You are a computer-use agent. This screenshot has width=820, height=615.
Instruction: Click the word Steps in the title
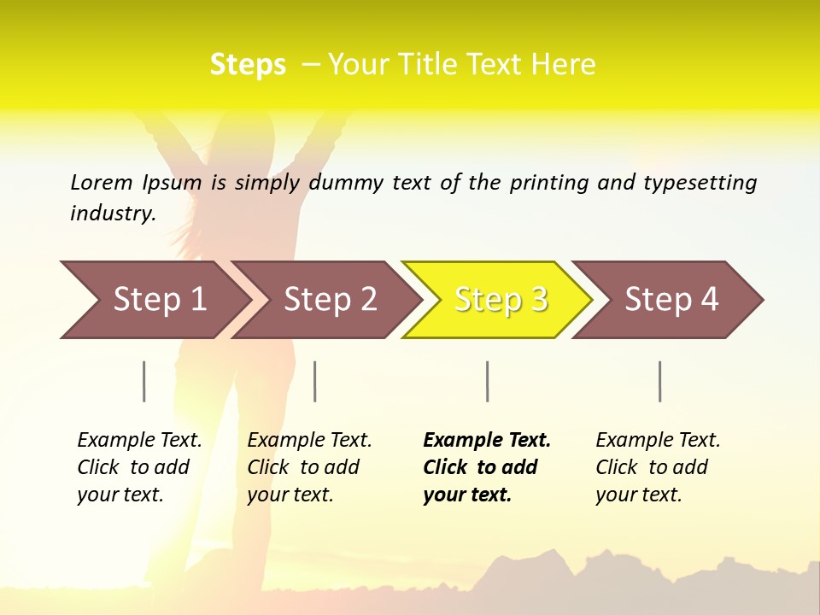point(248,65)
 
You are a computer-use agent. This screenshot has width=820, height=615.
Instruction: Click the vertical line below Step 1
point(144,381)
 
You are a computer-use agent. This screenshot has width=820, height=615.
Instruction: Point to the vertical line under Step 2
point(315,381)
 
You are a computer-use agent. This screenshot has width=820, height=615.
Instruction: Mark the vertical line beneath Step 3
point(487,381)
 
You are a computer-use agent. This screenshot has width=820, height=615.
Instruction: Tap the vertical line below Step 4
point(659,381)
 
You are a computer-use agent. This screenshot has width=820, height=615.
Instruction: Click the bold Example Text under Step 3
point(487,467)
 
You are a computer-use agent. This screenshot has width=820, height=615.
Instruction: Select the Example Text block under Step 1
point(139,467)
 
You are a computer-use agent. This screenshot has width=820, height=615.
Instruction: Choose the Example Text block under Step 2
point(309,467)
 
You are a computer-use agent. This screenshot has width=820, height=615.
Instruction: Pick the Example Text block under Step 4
point(658,467)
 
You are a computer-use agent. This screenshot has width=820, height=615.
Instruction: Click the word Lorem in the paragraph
point(101,182)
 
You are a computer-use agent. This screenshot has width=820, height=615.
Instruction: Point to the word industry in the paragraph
point(112,214)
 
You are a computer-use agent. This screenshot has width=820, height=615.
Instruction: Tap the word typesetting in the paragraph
point(700,183)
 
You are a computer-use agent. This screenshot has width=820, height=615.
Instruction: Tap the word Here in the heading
point(563,65)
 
